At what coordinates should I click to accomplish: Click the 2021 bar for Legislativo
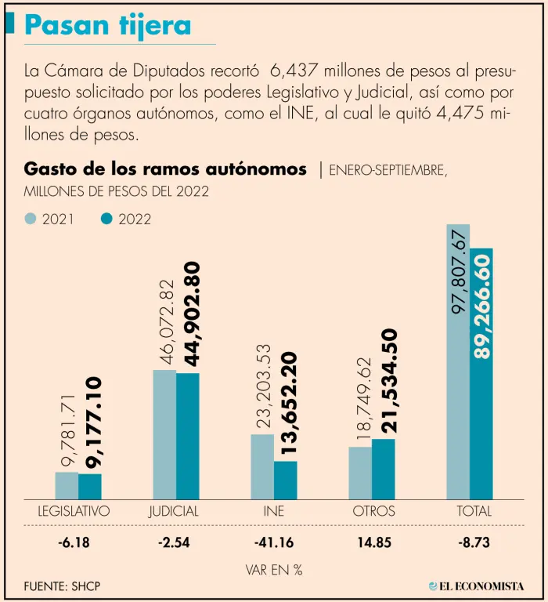point(67,485)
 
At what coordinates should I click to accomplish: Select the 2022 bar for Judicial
point(188,435)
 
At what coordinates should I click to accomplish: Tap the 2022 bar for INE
point(286,479)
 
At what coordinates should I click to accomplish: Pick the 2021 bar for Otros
point(360,472)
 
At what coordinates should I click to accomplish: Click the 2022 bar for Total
point(481,373)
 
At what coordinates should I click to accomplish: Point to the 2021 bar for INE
point(262,466)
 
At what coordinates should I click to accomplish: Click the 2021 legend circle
point(31,219)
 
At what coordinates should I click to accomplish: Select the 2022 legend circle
point(107,219)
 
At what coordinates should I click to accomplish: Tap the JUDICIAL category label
point(174,511)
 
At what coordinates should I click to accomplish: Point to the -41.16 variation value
point(274,542)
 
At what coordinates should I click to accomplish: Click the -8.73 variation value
point(474,542)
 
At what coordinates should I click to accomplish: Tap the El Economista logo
point(478,586)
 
